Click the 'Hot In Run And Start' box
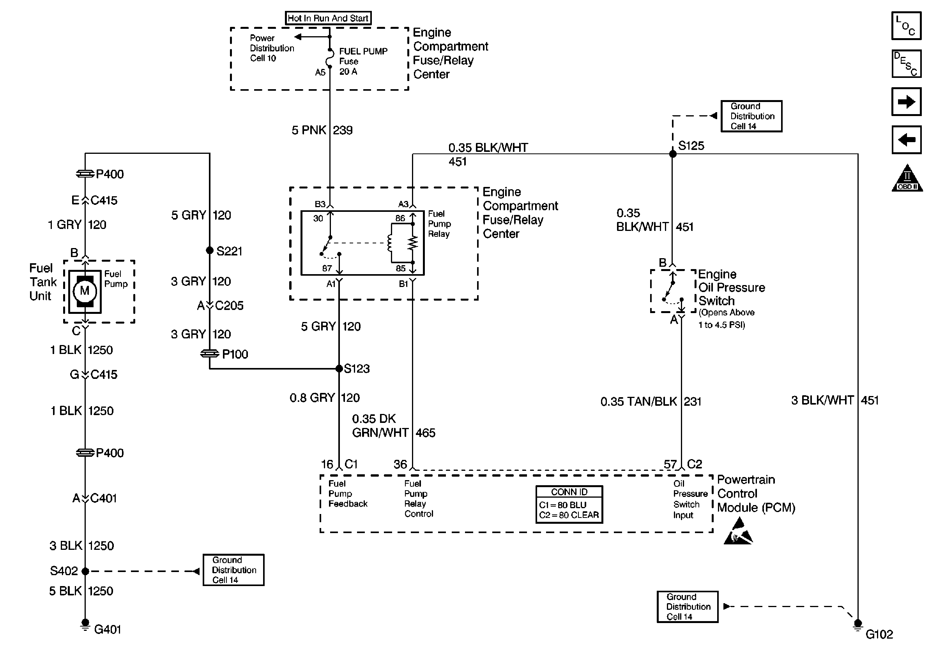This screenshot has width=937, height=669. tap(328, 18)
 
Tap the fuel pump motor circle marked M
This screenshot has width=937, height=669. tap(85, 291)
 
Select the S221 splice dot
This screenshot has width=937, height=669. tap(209, 250)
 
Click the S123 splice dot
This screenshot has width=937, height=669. tap(339, 368)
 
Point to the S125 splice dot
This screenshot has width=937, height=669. tap(672, 154)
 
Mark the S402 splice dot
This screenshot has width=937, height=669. tap(85, 571)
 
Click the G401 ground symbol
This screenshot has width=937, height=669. tap(85, 625)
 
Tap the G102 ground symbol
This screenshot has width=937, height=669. tap(857, 625)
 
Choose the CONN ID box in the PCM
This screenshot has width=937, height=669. tap(569, 504)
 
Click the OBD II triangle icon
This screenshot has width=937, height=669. tap(907, 179)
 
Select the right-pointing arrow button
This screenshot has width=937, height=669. tap(906, 101)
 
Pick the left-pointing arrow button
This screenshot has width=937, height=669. tap(906, 140)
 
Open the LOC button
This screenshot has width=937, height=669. tap(906, 26)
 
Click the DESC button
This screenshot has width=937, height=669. tap(906, 64)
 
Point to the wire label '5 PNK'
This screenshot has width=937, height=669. tap(309, 130)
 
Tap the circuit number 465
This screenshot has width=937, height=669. tap(425, 433)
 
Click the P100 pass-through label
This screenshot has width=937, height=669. tap(235, 354)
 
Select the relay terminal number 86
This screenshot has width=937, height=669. tap(400, 218)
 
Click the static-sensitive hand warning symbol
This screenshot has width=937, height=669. tap(738, 532)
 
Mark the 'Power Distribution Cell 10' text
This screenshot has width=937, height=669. tap(272, 48)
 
